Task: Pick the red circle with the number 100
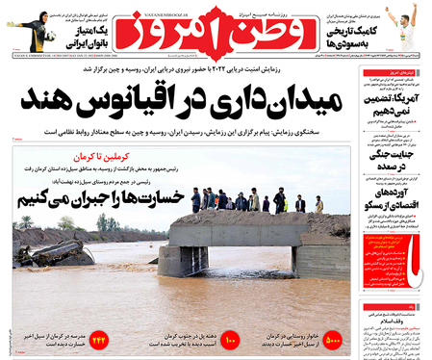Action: click(x=229, y=340)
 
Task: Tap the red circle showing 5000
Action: click(x=335, y=340)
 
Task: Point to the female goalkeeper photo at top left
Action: click(x=27, y=29)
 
